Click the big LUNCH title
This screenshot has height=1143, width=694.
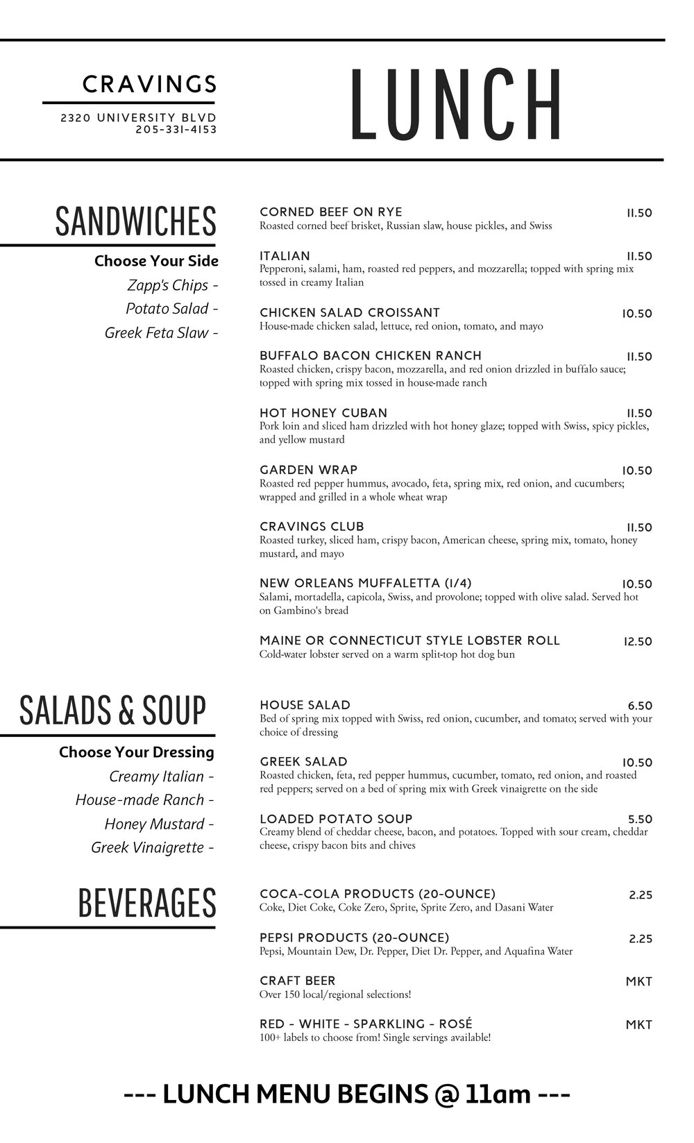[x=457, y=104]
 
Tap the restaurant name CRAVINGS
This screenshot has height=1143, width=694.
[x=149, y=85]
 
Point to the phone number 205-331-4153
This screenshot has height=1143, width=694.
[x=176, y=129]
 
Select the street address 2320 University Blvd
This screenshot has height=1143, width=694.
[x=139, y=118]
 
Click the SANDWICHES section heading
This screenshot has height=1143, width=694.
[x=135, y=221]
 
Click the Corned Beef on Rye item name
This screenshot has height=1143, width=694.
[x=330, y=212]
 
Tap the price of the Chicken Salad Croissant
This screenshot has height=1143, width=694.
[x=636, y=314]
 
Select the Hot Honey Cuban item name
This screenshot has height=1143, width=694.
[x=323, y=413]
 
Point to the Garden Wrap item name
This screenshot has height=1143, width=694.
[x=309, y=470]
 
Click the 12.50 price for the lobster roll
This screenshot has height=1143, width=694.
[x=638, y=641]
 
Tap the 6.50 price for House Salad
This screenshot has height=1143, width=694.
[x=639, y=706]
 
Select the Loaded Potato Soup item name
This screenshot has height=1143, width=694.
[x=336, y=819]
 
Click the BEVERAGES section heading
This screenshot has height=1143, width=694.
[x=147, y=903]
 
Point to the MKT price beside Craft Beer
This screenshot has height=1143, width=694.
[x=638, y=981]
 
